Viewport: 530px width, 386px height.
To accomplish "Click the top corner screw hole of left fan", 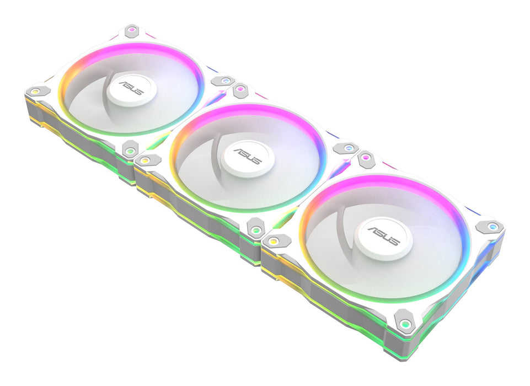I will click(x=131, y=30).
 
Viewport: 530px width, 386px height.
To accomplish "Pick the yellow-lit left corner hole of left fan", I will click(x=34, y=90).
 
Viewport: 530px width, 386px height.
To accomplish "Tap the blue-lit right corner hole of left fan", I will click(x=223, y=81).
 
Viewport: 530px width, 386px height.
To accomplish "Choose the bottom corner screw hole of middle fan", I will click(x=255, y=228).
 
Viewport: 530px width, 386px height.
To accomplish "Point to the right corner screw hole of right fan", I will click(x=489, y=226).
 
